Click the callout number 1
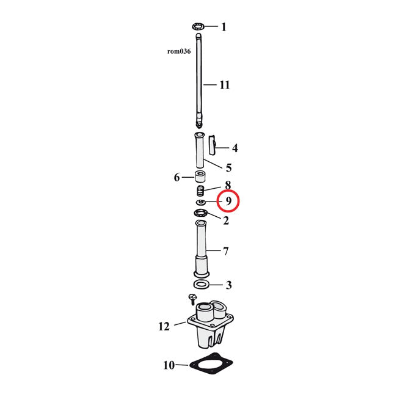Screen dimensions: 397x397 coord(224,27)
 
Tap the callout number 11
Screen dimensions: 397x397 coord(225,85)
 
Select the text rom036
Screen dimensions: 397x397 coord(179,51)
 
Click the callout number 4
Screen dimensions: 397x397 coord(235,148)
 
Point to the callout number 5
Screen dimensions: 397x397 coord(228,167)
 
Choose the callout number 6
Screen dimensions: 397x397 coord(177,178)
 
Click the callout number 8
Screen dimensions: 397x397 coord(228,185)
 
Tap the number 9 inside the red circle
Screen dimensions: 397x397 coord(228,202)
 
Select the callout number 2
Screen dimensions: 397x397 coord(226,220)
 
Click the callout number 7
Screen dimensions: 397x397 coord(225,251)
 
